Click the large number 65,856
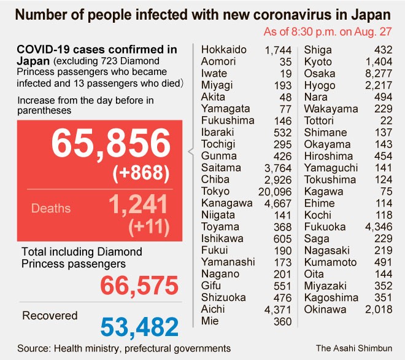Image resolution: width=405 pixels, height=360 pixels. [110, 144]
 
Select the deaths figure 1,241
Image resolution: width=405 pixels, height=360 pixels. [139, 205]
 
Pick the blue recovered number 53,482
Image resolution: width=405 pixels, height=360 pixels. [137, 326]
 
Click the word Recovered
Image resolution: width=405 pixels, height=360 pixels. [50, 316]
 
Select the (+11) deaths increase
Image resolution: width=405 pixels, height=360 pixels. [149, 226]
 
